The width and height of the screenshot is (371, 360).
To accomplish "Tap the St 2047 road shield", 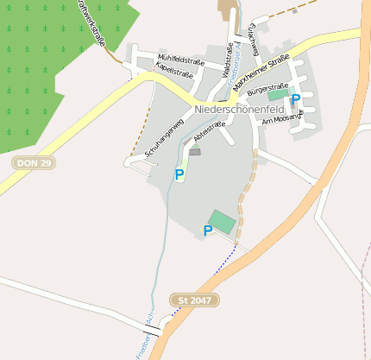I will click(195, 300).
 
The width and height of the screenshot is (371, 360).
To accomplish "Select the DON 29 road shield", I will click(34, 162).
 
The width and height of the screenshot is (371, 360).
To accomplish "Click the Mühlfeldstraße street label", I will click(180, 61).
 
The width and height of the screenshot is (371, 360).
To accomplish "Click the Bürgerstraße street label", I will click(267, 88).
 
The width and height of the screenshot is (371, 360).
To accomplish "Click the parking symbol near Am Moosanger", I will click(296, 99).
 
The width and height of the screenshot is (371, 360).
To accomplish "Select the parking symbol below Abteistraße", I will click(179, 174).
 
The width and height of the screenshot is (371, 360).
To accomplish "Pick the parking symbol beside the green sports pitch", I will click(208, 231).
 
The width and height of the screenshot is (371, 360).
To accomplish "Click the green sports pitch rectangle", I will click(223, 221).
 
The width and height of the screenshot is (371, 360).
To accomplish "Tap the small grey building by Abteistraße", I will click(194, 152).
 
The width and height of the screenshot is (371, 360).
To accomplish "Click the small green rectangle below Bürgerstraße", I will click(274, 96).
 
